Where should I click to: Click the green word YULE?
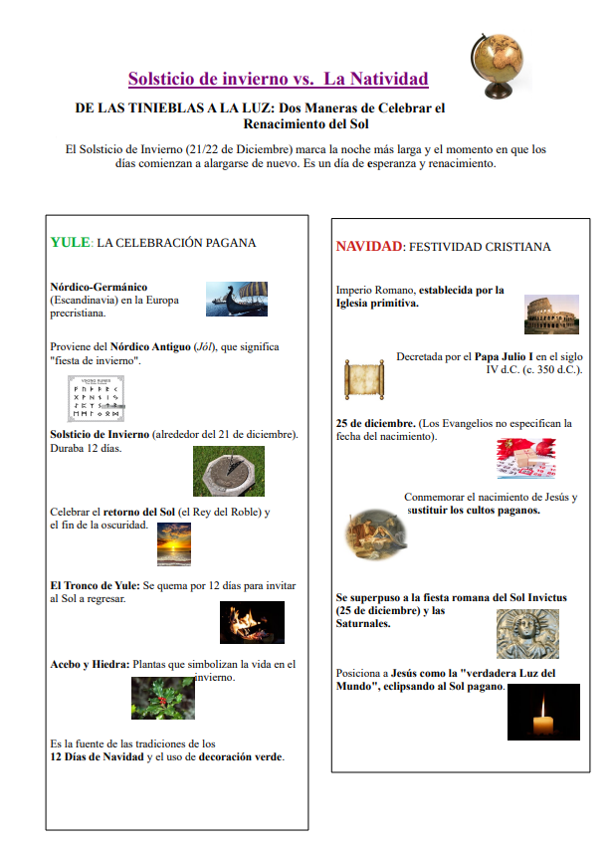click(70, 242)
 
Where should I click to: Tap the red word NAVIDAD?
click(368, 246)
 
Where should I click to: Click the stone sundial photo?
click(228, 472)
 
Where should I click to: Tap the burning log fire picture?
click(252, 623)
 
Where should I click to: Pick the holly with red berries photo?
click(162, 698)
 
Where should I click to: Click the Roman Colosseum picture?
click(551, 315)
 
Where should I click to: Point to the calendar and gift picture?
click(526, 458)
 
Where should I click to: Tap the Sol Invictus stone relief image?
click(527, 634)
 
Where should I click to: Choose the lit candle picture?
click(543, 712)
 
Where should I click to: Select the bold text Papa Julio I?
click(503, 355)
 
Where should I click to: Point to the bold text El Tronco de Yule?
click(96, 585)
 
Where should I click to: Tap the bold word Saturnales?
click(362, 624)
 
